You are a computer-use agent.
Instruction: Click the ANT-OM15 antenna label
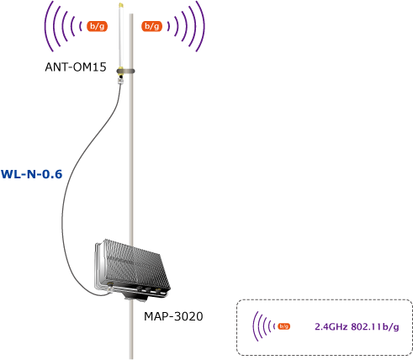pos(76,67)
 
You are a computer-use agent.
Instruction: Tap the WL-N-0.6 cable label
pos(32,174)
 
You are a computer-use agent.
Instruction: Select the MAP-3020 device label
pos(173,316)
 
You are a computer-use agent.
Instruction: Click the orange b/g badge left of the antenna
pos(97,26)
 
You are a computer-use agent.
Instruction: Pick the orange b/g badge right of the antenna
pos(151,26)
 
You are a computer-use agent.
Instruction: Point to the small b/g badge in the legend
pos(283,326)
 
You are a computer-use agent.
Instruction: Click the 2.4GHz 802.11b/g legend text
pos(357,326)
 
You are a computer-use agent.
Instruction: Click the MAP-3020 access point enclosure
pos(132,268)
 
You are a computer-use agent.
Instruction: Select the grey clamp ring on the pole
pos(125,71)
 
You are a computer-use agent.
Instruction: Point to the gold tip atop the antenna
pos(121,5)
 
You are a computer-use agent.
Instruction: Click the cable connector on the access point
pos(110,287)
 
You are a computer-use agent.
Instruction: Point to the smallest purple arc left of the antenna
pos(81,26)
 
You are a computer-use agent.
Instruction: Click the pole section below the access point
pos(131,331)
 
